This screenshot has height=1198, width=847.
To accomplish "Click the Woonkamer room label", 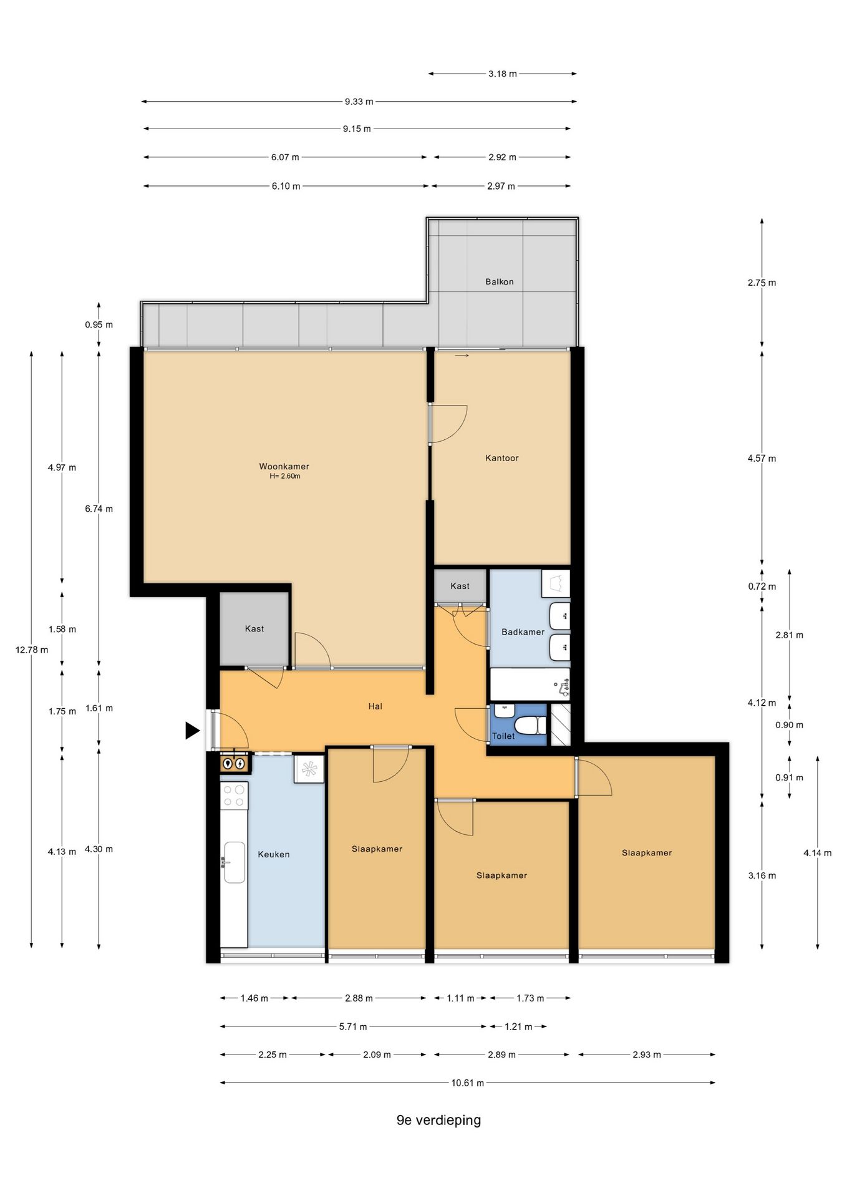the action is [x=284, y=466].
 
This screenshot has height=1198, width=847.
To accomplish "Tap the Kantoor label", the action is [x=502, y=458].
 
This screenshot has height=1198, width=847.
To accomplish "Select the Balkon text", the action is [x=500, y=281].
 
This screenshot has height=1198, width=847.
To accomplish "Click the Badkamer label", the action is [x=523, y=632].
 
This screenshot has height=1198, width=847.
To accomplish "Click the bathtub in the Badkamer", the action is [x=530, y=684].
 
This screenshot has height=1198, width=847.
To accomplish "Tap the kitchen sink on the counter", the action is [x=235, y=862].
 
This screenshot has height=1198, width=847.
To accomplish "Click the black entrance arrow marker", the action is [x=192, y=730].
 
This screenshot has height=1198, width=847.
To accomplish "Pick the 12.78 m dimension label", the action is [x=32, y=650].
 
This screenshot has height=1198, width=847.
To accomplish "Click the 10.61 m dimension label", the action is [x=468, y=1083].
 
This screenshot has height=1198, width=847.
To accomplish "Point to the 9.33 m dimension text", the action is [x=359, y=101].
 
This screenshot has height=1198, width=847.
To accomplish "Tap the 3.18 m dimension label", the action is [x=502, y=74].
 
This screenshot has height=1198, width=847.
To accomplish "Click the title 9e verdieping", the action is [x=438, y=1120].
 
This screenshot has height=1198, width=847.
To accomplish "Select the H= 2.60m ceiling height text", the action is [x=285, y=476].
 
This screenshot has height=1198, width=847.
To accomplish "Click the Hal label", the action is [x=375, y=706].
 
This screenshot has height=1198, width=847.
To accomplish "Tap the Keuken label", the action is [x=274, y=854].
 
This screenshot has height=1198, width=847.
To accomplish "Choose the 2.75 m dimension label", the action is [x=762, y=283].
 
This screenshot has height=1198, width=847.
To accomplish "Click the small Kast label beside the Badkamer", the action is [x=460, y=586].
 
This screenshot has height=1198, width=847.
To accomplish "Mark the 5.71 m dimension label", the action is [x=353, y=1026].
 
